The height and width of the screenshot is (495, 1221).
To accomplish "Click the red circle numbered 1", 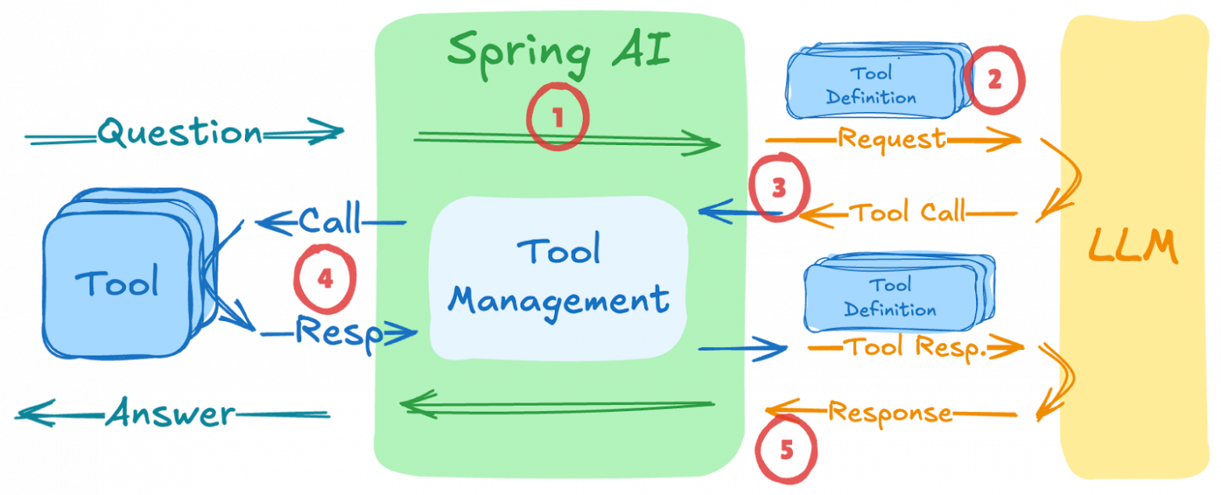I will (x=556, y=118).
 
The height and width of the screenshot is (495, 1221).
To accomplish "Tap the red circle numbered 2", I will (x=994, y=81).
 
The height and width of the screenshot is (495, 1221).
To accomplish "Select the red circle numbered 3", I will (x=778, y=190).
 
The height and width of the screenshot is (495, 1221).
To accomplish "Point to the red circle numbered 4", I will (x=325, y=280).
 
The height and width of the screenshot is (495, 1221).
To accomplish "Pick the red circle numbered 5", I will (x=787, y=450).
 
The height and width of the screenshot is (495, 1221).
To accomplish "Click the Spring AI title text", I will (x=560, y=50).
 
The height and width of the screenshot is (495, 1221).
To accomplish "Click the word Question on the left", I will (x=181, y=133).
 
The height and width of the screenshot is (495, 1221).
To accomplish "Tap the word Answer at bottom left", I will (x=170, y=413).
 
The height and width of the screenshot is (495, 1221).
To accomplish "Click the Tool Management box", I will (x=559, y=277).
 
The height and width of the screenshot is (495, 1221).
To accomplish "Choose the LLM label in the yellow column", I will (x=1132, y=247).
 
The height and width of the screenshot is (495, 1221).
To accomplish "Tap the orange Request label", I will (x=891, y=139).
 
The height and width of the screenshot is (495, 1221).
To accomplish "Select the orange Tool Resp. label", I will (x=917, y=346).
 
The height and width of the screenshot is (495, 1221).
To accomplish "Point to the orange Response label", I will (x=890, y=412).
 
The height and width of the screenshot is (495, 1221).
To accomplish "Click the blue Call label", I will (x=330, y=219).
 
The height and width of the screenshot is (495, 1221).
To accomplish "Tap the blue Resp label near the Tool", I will (x=338, y=333).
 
